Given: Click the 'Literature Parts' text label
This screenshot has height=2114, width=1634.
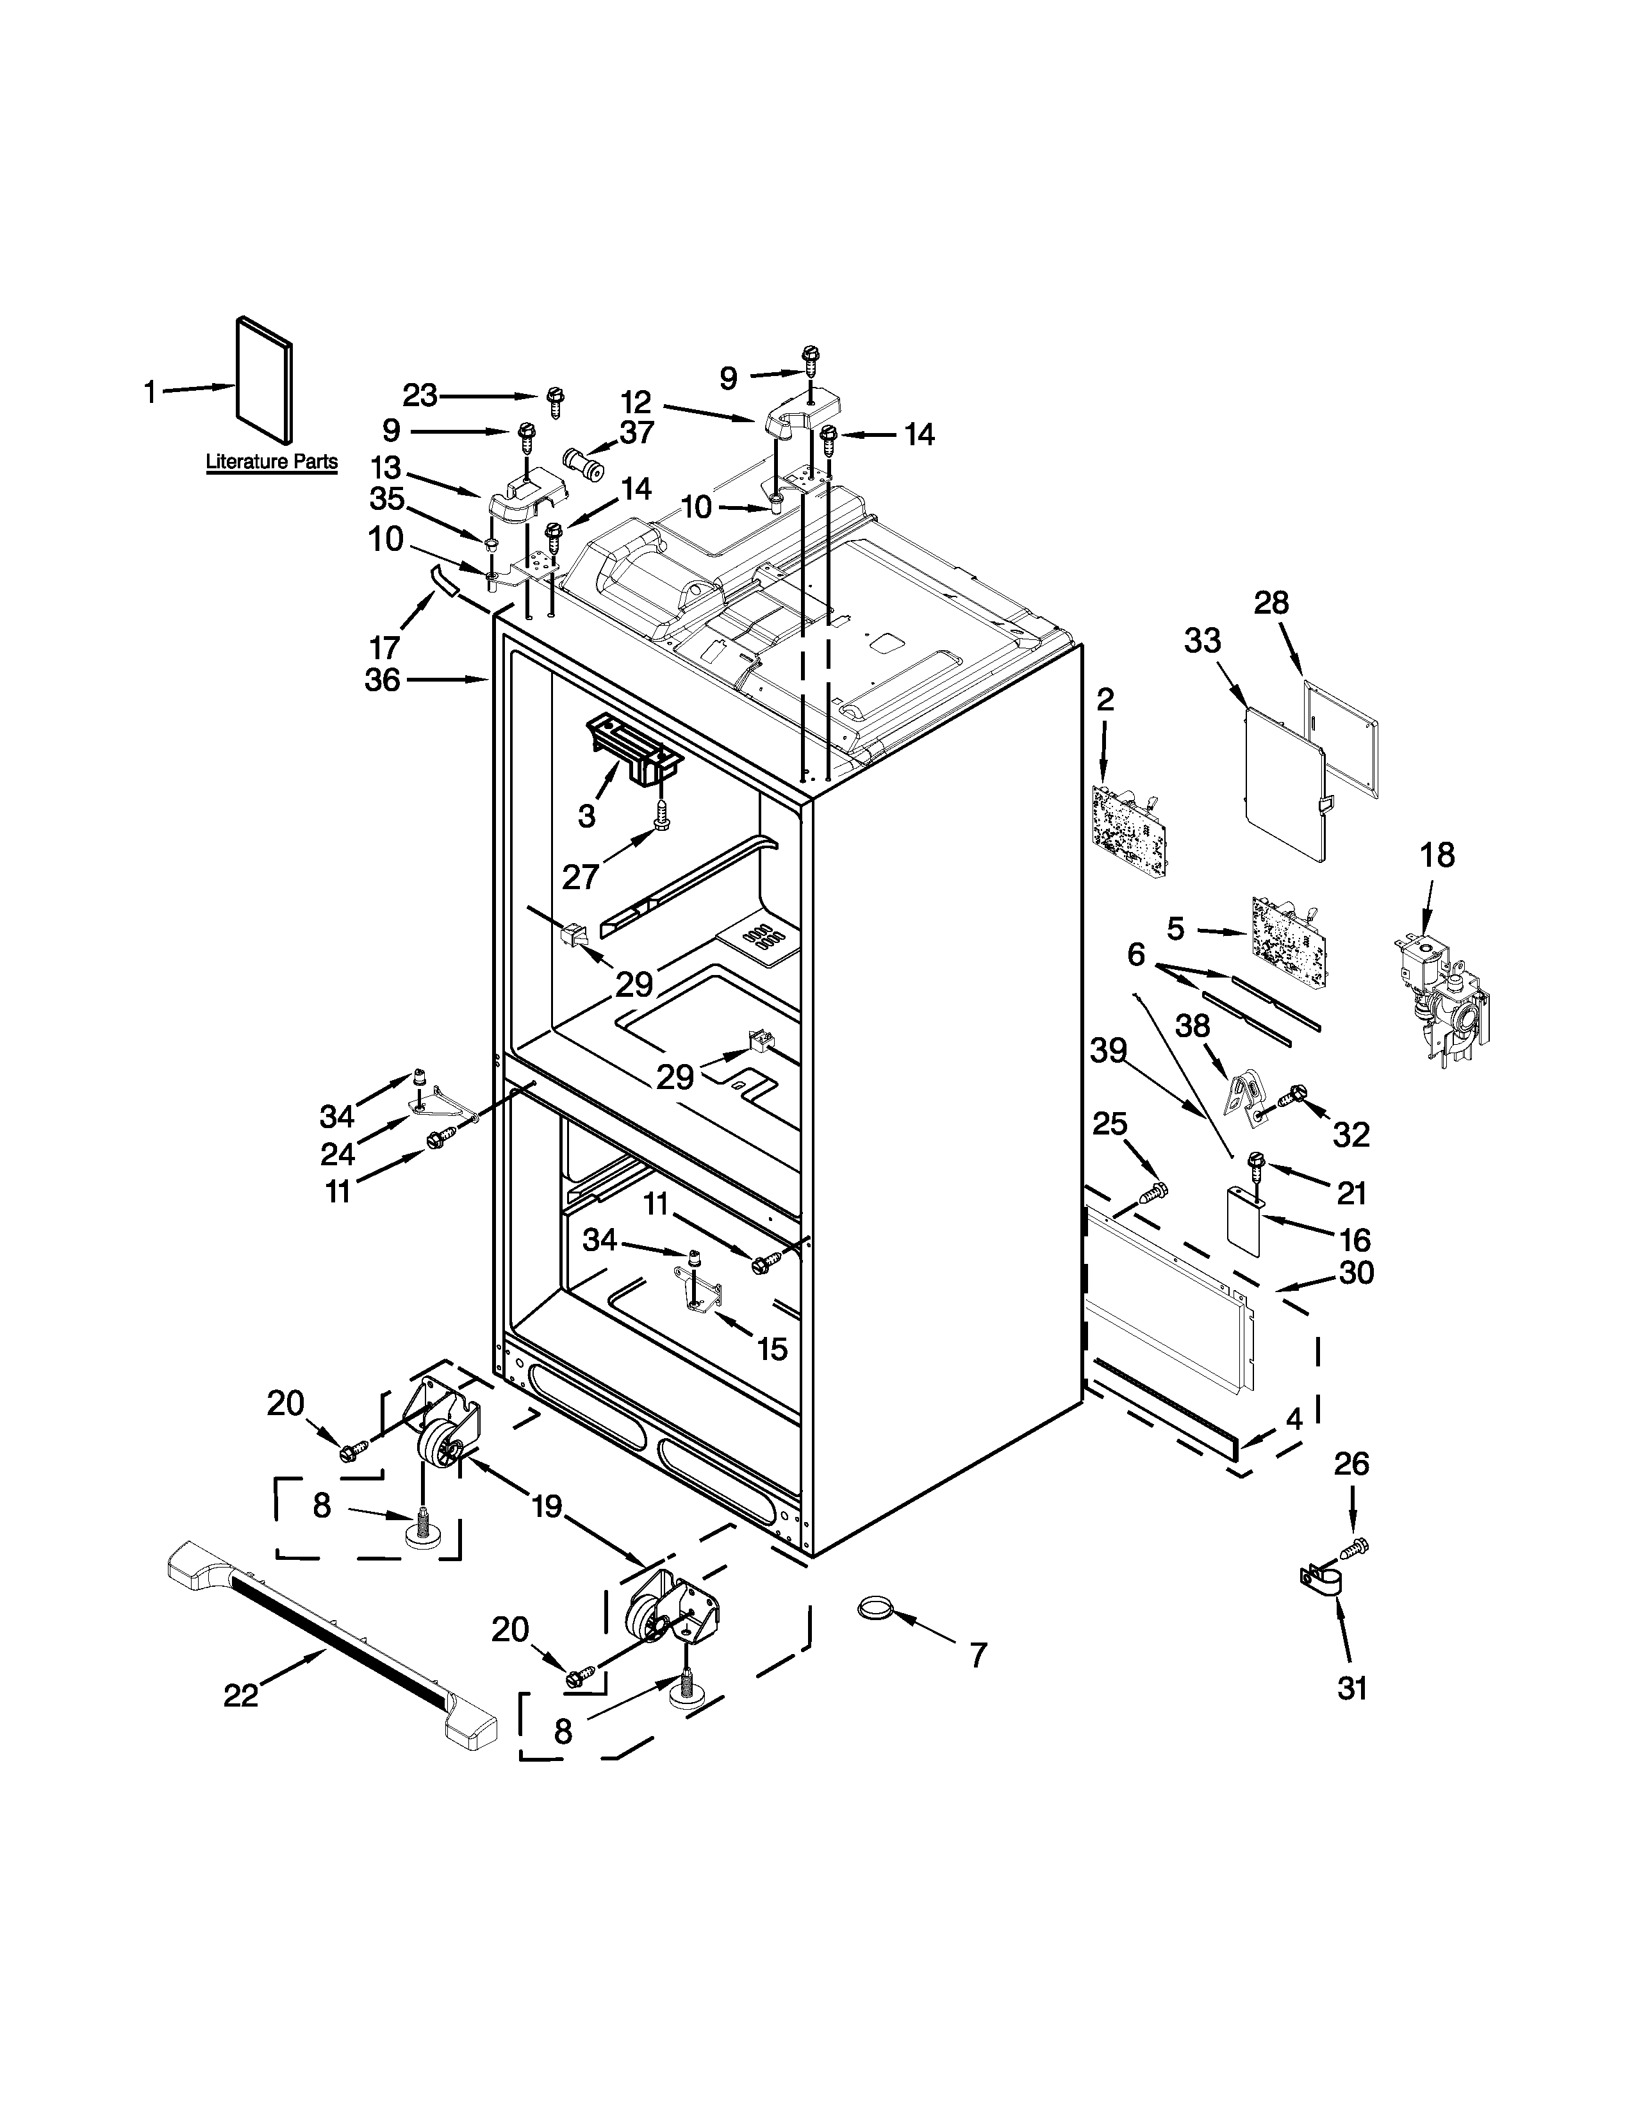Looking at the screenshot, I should tap(272, 462).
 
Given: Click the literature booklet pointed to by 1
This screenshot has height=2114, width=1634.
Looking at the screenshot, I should tap(264, 381).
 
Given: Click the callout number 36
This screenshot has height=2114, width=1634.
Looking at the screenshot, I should tap(383, 680).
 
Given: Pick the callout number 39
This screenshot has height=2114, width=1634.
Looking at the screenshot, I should tap(1109, 1050).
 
